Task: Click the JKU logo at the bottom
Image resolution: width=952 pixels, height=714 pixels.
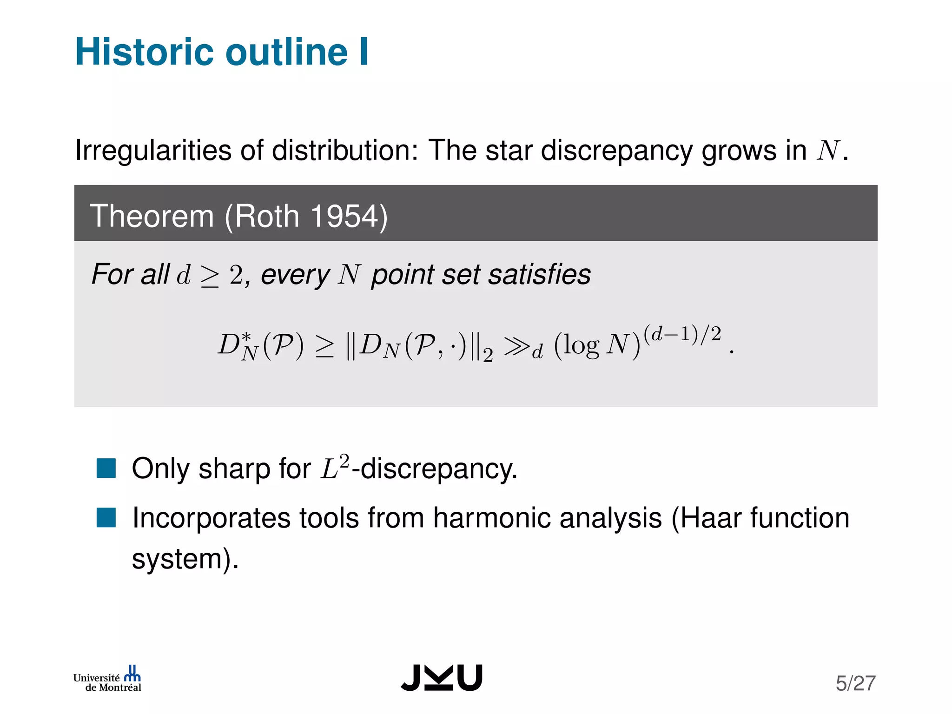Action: click(x=442, y=677)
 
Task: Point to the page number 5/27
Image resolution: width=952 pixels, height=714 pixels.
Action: click(x=855, y=683)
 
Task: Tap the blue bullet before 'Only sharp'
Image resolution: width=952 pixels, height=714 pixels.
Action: click(x=106, y=468)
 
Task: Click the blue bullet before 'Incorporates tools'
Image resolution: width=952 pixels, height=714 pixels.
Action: click(x=106, y=518)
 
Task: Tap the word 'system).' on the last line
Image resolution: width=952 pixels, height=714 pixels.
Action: click(x=185, y=559)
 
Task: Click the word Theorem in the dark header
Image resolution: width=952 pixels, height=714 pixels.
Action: click(x=152, y=216)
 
